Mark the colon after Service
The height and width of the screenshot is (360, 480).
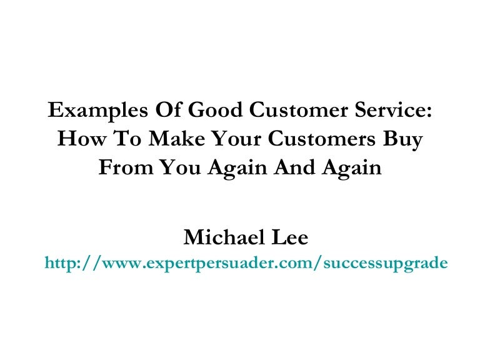[428, 113]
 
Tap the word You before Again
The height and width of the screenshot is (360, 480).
[176, 168]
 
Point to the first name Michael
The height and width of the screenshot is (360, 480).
[216, 237]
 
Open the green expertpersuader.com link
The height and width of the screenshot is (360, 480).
[246, 263]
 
